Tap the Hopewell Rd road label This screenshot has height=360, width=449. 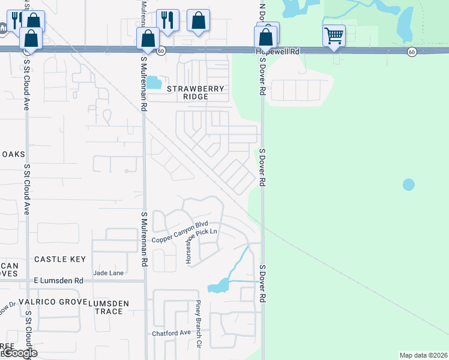pyautogui.click(x=277, y=52)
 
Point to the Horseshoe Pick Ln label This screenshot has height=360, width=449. pyautogui.click(x=201, y=238)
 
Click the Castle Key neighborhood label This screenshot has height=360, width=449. pyautogui.click(x=59, y=259)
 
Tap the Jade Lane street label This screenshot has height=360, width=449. pyautogui.click(x=108, y=273)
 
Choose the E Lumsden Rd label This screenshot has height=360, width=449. pyautogui.click(x=58, y=280)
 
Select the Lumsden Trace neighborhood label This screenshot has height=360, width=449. pyautogui.click(x=109, y=307)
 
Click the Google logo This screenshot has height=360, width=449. pyautogui.click(x=19, y=353)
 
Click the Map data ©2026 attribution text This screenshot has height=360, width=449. pyautogui.click(x=423, y=355)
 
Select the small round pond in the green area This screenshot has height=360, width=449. pyautogui.click(x=408, y=184)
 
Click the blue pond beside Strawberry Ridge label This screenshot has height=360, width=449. pyautogui.click(x=154, y=82)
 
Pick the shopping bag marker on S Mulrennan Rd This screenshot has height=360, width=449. pyautogui.click(x=148, y=39)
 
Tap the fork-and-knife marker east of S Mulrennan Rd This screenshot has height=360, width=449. pyautogui.click(x=168, y=20)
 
